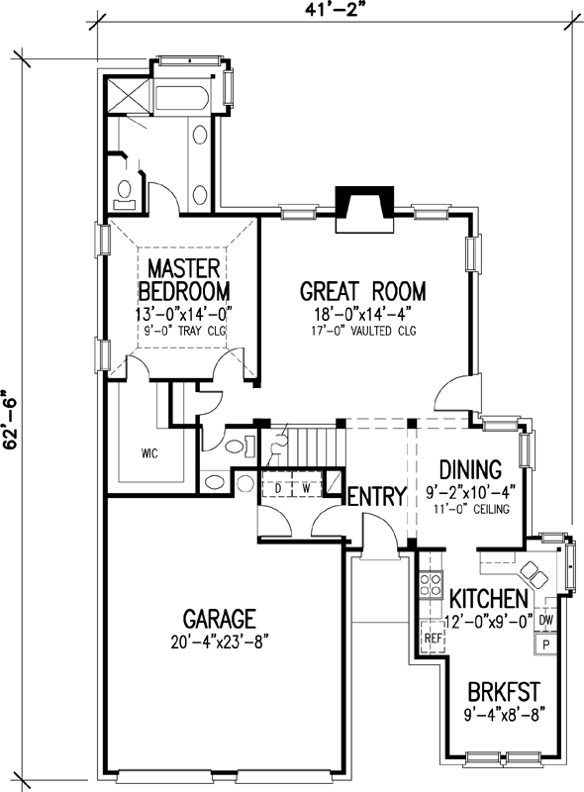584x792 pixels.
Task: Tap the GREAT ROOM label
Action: click(x=362, y=291)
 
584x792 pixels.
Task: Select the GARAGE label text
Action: click(x=214, y=620)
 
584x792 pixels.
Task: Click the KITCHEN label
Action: click(x=487, y=599)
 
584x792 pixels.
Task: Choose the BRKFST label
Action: click(x=497, y=689)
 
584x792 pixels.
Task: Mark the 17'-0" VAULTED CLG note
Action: click(x=362, y=331)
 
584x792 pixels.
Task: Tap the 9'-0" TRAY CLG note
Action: click(x=184, y=331)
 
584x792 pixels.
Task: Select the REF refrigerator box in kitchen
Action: click(x=431, y=639)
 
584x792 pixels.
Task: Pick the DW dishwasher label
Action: click(x=545, y=621)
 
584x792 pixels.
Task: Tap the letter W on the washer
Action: click(x=307, y=487)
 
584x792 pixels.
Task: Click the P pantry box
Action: click(x=544, y=643)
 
